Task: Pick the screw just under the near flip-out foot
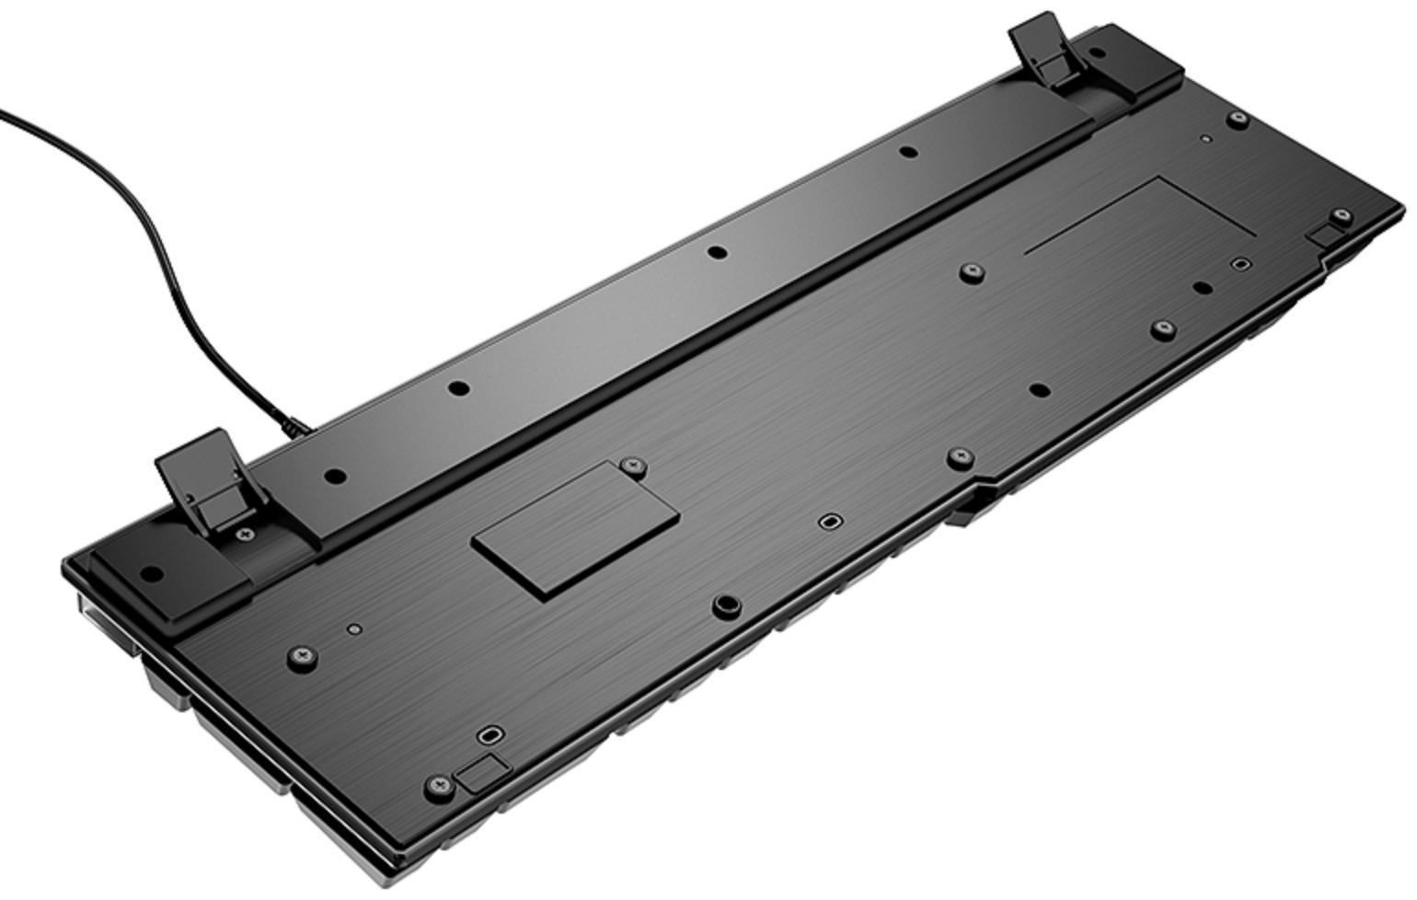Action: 244,534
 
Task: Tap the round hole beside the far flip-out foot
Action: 907,153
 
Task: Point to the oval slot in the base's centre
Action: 829,522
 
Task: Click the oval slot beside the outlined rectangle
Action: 1241,264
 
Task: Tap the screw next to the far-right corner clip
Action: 1342,216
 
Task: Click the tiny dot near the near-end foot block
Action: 355,629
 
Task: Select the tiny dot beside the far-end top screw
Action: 1205,140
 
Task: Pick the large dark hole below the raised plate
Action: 727,604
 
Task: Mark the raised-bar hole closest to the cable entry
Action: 336,477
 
